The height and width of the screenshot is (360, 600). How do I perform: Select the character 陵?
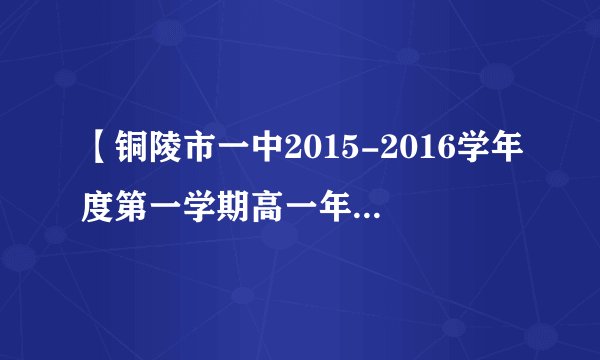[x=172, y=157]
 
